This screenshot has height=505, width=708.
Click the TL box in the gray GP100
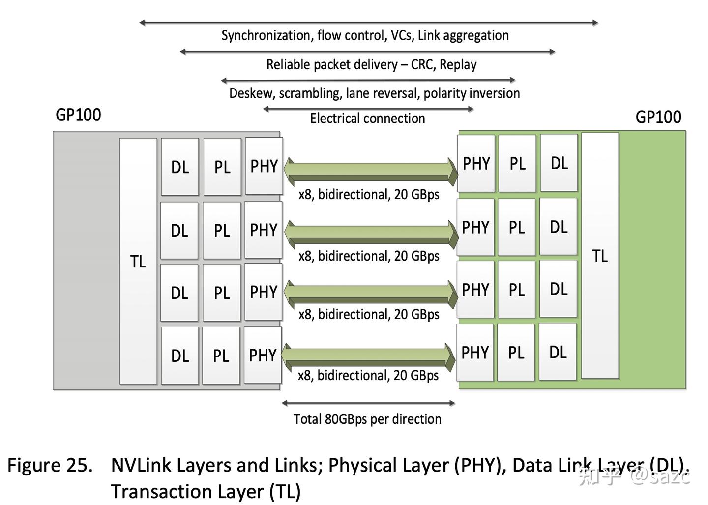tap(138, 261)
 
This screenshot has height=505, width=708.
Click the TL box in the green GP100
tap(600, 256)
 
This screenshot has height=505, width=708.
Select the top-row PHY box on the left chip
tap(264, 166)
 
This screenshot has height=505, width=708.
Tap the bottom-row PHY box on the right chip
tap(475, 352)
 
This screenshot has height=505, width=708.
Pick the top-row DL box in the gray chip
tap(180, 167)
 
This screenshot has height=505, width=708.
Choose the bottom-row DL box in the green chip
tap(558, 352)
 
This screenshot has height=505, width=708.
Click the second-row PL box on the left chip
tap(222, 230)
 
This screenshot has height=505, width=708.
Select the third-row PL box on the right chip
tap(516, 290)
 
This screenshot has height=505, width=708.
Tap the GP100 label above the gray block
tap(78, 115)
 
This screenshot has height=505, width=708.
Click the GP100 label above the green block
tap(658, 117)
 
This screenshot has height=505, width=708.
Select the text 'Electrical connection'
tap(367, 119)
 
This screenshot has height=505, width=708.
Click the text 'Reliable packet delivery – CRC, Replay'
tap(371, 64)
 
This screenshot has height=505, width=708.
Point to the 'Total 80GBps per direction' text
tap(367, 419)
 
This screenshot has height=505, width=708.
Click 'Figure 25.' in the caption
tap(50, 465)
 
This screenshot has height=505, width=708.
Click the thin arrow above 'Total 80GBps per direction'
tap(368, 403)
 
